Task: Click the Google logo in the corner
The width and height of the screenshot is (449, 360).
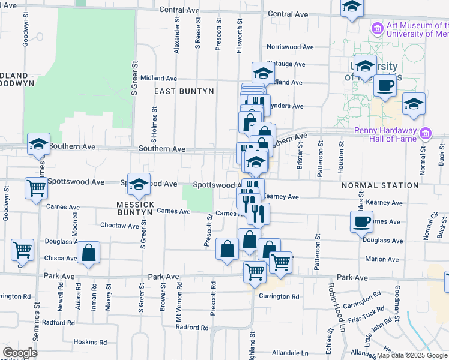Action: point(20,353)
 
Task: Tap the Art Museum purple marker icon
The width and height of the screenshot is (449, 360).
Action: point(377,28)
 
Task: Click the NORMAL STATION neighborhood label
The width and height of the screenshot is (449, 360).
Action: point(380,186)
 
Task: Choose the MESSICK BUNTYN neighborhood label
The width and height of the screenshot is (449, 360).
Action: point(135,204)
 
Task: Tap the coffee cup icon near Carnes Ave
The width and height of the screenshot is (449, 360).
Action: point(361,221)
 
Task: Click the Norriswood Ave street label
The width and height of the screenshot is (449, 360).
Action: point(290,46)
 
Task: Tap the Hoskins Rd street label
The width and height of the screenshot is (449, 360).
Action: point(90,342)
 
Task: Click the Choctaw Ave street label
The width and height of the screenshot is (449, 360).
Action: point(119,226)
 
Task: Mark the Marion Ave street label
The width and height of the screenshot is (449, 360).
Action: point(382,259)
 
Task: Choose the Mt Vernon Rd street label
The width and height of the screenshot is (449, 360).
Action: point(178,311)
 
